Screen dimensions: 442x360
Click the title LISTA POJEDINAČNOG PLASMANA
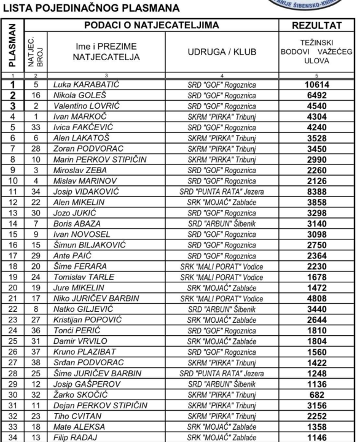92,9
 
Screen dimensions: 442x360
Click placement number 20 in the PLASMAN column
12,287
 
